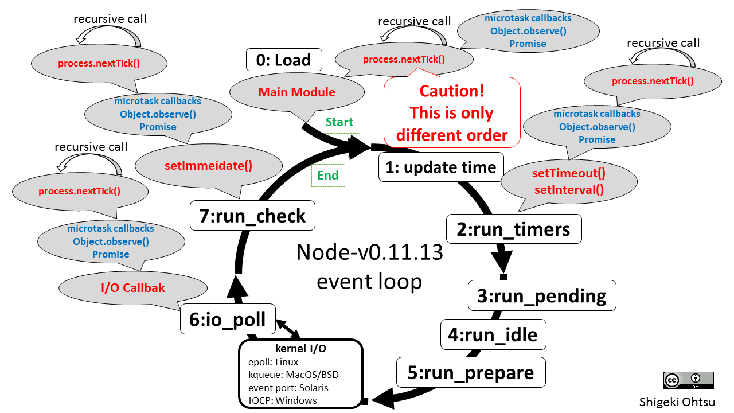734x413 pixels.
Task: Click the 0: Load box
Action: [284, 60]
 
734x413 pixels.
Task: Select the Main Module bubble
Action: [296, 92]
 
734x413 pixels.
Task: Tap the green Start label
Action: [339, 122]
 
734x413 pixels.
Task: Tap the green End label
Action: [328, 175]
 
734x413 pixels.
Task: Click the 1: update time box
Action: [440, 167]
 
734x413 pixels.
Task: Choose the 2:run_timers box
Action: [513, 229]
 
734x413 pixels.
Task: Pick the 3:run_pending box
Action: [542, 295]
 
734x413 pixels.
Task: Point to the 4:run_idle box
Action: [493, 334]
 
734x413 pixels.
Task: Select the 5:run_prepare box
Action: [471, 373]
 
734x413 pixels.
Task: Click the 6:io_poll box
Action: [228, 320]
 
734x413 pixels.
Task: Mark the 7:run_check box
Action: [252, 216]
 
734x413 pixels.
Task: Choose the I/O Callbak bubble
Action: [133, 287]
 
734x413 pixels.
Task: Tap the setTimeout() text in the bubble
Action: [569, 173]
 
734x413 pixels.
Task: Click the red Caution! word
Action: [452, 91]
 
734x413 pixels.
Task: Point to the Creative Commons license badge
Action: [688, 380]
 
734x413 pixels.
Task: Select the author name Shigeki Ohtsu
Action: [677, 402]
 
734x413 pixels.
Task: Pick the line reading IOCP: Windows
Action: [283, 400]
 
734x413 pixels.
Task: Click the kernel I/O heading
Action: [300, 349]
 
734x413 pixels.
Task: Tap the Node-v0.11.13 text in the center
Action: [369, 252]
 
